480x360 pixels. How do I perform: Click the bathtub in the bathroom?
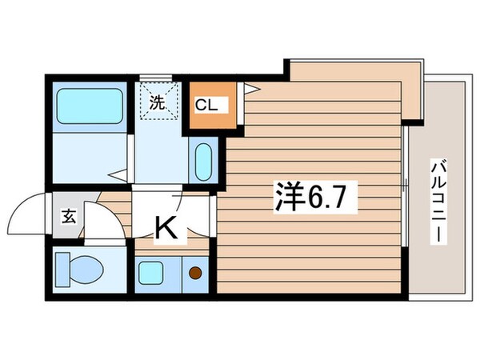[90, 105]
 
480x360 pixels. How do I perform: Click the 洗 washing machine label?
[158, 102]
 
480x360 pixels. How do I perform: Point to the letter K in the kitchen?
[166, 230]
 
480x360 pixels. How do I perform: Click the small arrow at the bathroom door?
[116, 173]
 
